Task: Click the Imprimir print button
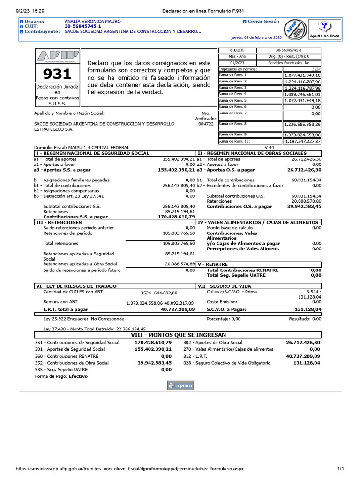[180, 385]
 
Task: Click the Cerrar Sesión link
[263, 22]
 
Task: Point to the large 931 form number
[57, 74]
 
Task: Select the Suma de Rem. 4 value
[302, 94]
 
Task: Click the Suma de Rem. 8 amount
[302, 125]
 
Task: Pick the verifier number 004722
[206, 124]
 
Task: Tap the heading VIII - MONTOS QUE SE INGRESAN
[178, 335]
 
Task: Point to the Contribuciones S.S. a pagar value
[176, 217]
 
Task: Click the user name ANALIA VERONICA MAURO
[92, 22]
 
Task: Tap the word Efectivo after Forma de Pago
[78, 376]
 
